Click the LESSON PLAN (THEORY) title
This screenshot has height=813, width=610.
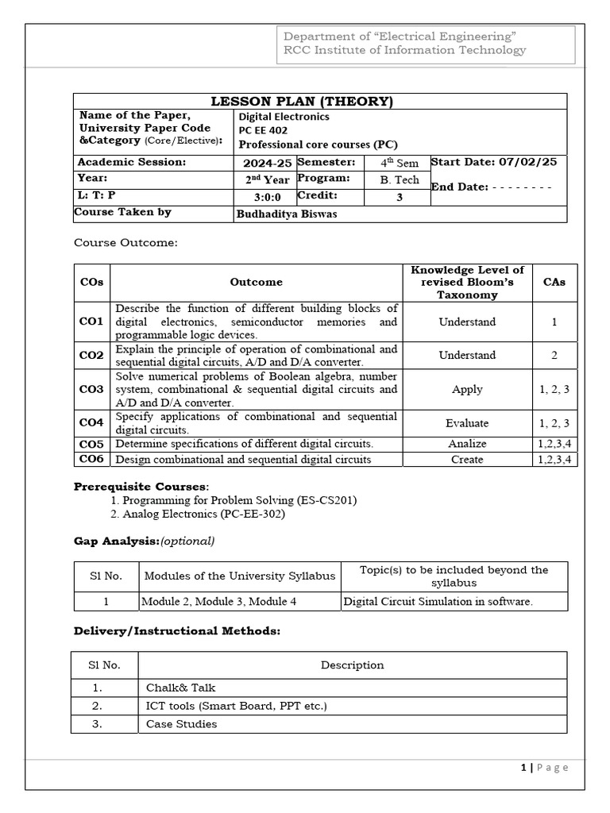tap(301, 101)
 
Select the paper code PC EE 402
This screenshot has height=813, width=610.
tap(263, 130)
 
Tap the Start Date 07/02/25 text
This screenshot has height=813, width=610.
tap(494, 162)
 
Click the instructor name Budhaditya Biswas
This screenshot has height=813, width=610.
tap(282, 214)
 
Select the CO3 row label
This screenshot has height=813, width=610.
tap(91, 389)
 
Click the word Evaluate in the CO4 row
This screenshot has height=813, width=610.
tap(467, 423)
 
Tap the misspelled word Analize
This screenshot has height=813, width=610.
tap(467, 444)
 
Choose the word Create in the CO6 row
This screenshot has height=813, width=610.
tap(467, 459)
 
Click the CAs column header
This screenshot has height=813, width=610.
tap(554, 282)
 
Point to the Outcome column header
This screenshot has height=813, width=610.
tap(256, 282)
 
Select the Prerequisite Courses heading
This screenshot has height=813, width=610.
tap(141, 486)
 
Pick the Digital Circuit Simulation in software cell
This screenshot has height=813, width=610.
tap(438, 601)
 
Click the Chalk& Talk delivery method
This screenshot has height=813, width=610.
tap(180, 688)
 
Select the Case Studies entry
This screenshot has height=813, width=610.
tap(181, 723)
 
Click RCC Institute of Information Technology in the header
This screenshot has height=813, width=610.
tap(405, 50)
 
